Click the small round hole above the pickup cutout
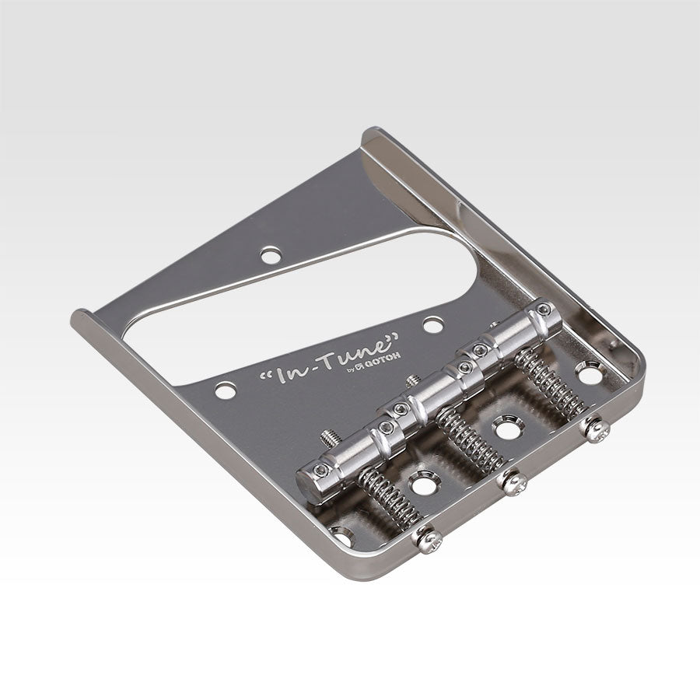pyautogui.click(x=271, y=254)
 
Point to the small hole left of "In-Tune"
pyautogui.click(x=226, y=390)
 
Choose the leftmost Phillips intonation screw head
pyautogui.click(x=427, y=538)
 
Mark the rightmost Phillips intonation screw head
pyautogui.click(x=597, y=429)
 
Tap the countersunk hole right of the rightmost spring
pyautogui.click(x=589, y=375)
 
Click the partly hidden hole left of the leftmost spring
pyautogui.click(x=341, y=534)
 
